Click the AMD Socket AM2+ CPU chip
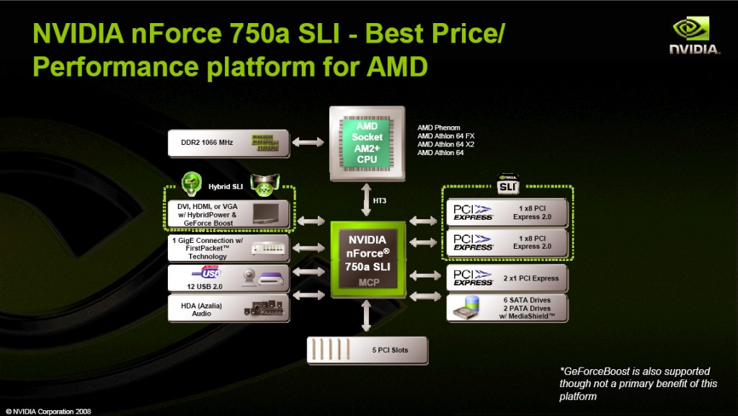click(x=367, y=143)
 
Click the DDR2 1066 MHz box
click(x=228, y=143)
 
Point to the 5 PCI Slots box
click(x=368, y=350)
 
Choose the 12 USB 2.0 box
click(x=228, y=278)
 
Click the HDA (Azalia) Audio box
click(x=228, y=307)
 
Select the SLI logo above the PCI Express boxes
click(x=508, y=185)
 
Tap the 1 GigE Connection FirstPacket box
click(x=228, y=247)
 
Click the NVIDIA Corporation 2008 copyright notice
click(x=48, y=411)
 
